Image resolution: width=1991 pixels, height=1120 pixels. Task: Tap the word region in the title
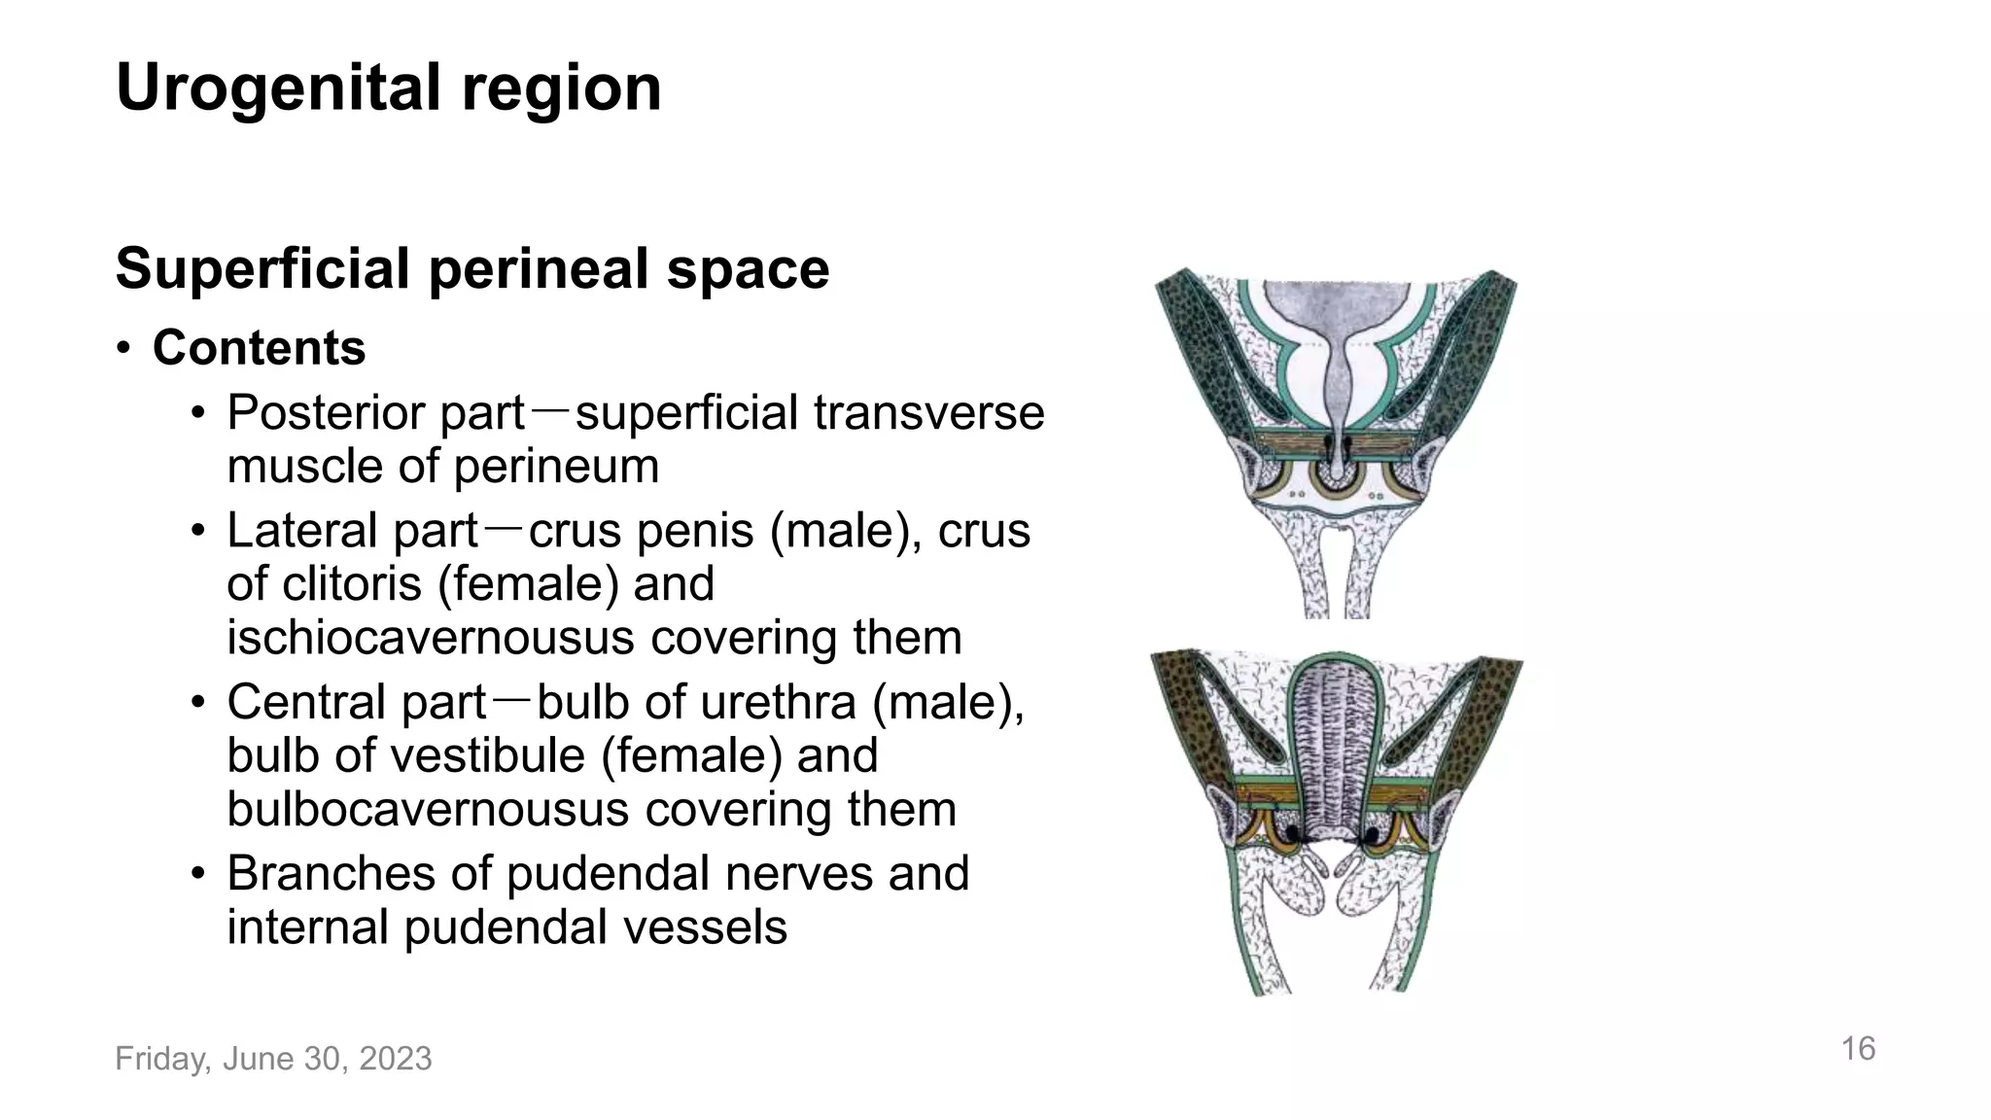(x=561, y=87)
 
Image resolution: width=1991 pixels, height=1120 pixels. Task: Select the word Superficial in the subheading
(x=262, y=268)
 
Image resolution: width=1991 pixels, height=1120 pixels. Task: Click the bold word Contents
(x=259, y=348)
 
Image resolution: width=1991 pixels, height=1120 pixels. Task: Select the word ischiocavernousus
(x=432, y=638)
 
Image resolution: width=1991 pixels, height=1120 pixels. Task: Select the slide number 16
(x=1858, y=1048)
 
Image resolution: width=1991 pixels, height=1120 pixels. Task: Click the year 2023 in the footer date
(x=395, y=1058)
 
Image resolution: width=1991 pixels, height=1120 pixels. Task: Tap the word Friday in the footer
(x=160, y=1058)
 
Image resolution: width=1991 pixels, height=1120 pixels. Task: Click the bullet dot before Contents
(x=123, y=349)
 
